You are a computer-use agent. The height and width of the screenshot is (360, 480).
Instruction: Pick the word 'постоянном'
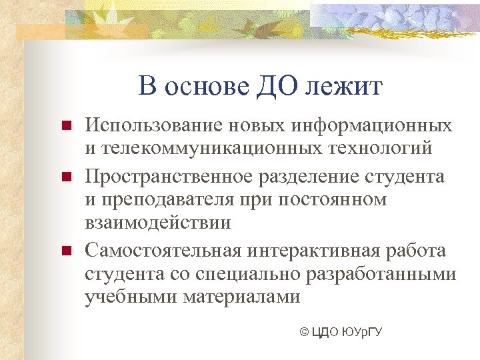coord(333,200)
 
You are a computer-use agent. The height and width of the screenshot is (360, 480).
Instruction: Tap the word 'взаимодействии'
coord(158,223)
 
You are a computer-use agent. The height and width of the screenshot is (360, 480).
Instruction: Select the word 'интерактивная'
coord(313,251)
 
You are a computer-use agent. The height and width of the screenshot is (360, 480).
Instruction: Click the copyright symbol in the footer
coord(305,333)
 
